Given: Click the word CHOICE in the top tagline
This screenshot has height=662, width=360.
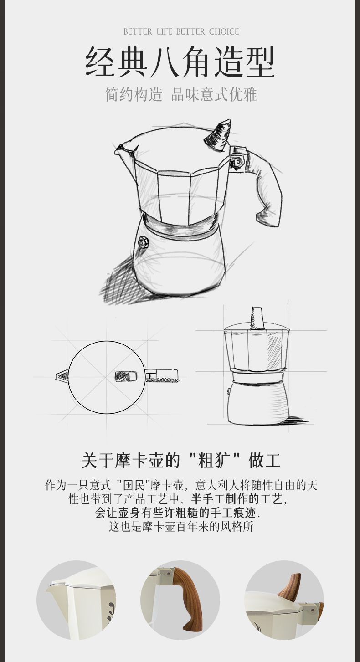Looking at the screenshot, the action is (224, 31).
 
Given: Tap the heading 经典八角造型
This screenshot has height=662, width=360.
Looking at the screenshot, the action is (180, 62).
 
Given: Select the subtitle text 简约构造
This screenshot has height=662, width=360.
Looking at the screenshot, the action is (134, 94).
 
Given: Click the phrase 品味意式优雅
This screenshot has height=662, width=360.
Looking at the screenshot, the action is (214, 94).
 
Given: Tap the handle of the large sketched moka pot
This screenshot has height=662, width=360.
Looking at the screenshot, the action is (265, 189).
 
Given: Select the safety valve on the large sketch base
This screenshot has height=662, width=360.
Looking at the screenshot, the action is (144, 243).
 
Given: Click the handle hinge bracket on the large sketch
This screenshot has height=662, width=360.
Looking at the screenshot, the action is (238, 158).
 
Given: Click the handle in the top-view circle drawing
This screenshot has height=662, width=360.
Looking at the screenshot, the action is (162, 375).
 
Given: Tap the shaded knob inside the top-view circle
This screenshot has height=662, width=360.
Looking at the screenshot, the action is (126, 376).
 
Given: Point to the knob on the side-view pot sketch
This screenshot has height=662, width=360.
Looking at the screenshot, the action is (257, 318).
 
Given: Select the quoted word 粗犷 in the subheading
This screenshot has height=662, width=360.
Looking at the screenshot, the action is (214, 460).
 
